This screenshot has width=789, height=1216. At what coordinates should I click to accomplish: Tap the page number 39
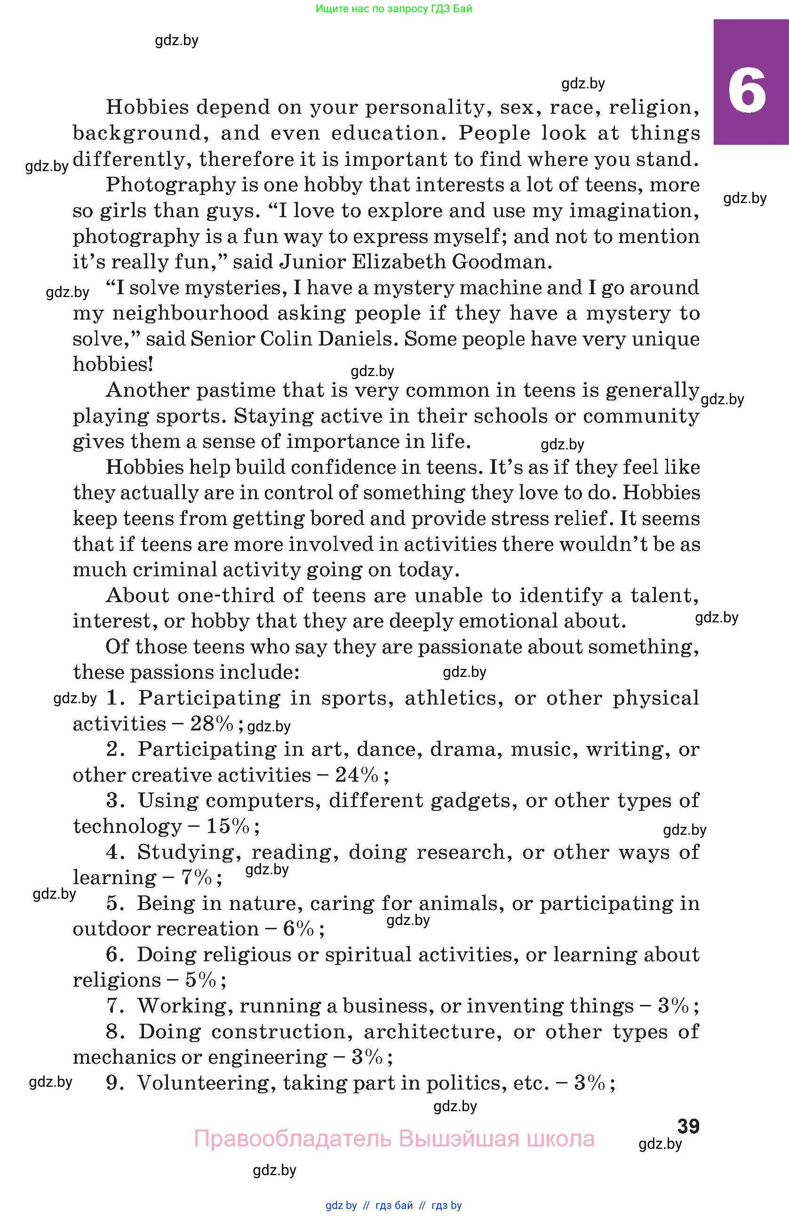click(688, 1126)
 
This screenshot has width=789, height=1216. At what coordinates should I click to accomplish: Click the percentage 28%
click(212, 724)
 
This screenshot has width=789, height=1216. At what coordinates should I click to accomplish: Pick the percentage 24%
click(357, 775)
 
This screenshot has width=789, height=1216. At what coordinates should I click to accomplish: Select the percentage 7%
click(196, 878)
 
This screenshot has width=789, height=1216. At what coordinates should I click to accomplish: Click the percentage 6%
click(298, 929)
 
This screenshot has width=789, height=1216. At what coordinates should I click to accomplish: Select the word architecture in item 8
click(430, 1032)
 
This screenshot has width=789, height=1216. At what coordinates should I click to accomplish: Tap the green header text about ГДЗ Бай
click(394, 8)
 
